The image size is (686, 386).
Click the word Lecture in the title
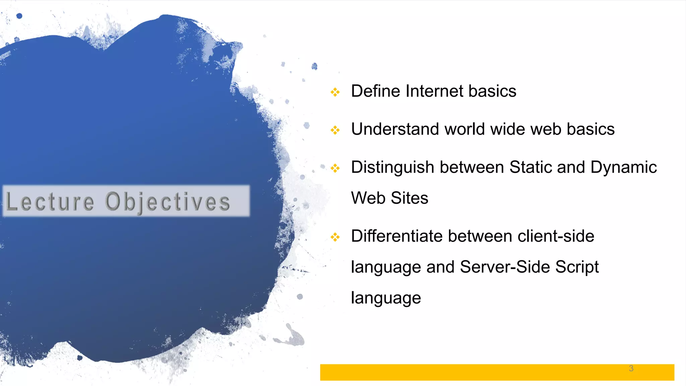(50, 201)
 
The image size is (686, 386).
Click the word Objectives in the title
(167, 202)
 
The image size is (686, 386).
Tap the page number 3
(631, 369)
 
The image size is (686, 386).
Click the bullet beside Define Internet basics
(335, 92)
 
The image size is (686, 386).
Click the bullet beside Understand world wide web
(335, 130)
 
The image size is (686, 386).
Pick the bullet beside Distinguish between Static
(335, 168)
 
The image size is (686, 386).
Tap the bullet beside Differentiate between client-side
(335, 237)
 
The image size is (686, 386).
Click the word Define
(375, 91)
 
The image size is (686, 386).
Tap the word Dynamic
(623, 168)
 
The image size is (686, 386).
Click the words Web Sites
(390, 198)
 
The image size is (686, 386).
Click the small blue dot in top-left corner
(19, 16)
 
